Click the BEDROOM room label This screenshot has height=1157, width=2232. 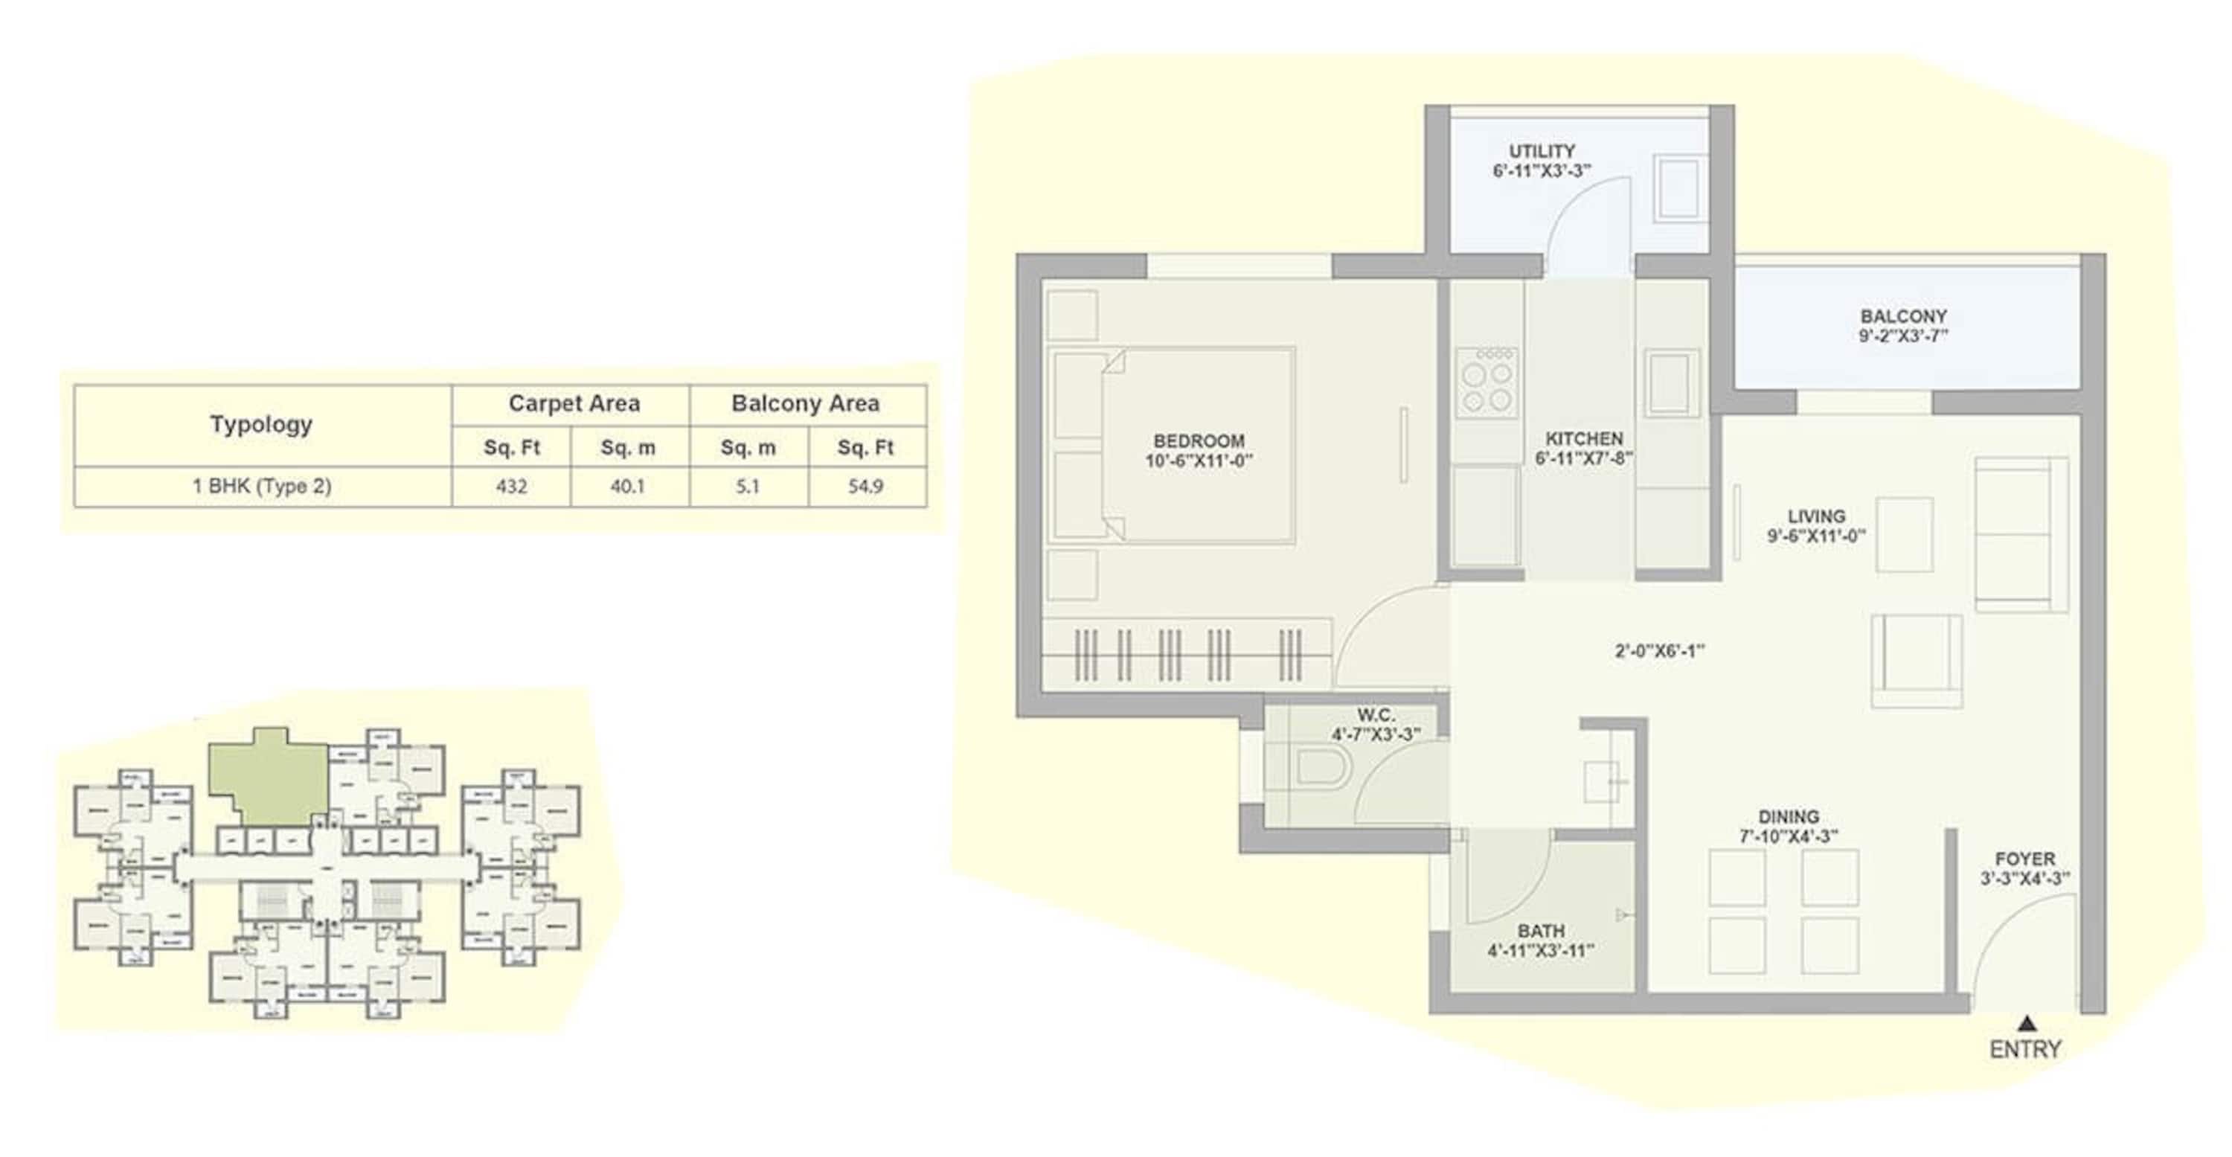1199,441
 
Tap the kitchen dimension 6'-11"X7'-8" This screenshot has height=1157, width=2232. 1584,458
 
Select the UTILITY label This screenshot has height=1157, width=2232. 1542,151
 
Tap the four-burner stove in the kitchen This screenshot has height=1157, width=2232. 1487,383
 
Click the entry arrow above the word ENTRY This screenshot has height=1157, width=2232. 2026,1024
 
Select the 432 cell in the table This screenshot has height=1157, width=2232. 511,486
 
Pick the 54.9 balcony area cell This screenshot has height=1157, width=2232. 865,486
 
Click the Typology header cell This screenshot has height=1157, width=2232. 261,425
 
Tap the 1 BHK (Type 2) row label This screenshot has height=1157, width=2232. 261,486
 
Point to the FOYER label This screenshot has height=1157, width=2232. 2025,859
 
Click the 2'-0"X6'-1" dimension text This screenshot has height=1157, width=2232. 1659,651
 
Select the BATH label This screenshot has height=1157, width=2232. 1541,931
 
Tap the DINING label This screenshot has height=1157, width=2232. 1789,816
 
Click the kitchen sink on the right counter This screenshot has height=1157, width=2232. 1672,383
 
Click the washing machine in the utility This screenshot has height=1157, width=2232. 1678,188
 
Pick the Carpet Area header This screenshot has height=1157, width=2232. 574,404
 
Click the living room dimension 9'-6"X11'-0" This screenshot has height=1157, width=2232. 1816,536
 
